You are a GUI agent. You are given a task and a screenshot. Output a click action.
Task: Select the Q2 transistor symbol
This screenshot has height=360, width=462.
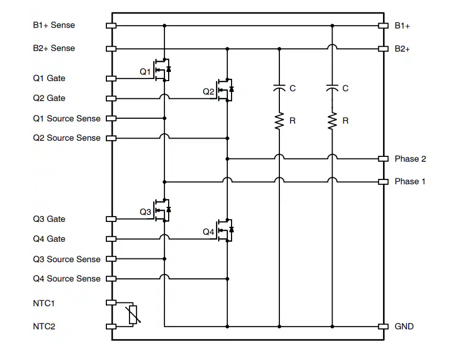point(226,89)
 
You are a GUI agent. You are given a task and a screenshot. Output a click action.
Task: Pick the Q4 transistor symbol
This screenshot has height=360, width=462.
point(226,230)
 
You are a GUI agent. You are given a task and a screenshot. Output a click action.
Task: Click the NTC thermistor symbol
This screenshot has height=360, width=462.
point(133,315)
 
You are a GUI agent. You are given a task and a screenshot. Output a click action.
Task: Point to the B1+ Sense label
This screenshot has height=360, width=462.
point(54,25)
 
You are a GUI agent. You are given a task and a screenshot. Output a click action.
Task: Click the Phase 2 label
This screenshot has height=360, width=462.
point(410,159)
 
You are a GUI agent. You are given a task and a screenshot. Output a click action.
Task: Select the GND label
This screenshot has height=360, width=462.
point(404,326)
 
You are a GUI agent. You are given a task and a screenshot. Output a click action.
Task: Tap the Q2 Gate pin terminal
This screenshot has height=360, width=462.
point(111,98)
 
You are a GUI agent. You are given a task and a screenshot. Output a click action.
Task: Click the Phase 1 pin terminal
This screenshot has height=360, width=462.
point(383,182)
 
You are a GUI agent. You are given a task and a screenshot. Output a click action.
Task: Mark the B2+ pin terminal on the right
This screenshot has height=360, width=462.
point(383,49)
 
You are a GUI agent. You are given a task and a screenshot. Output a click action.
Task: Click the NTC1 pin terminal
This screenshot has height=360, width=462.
point(111,303)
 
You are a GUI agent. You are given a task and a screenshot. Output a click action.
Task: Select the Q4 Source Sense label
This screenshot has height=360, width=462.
point(67,278)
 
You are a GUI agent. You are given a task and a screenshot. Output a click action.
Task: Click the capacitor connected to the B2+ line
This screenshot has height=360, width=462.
point(279,88)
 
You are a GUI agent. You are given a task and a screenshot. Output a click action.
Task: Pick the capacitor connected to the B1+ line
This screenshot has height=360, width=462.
point(332,88)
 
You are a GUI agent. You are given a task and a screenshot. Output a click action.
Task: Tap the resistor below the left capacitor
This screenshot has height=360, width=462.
point(279,121)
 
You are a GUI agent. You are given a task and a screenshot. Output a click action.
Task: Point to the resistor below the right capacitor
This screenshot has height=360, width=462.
point(332,121)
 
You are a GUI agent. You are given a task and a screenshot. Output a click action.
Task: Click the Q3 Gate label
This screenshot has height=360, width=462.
point(49,219)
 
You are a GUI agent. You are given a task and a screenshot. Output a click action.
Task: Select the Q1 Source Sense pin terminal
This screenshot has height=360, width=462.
point(111,118)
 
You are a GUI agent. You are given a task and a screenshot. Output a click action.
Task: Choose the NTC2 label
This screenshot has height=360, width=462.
point(44,326)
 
